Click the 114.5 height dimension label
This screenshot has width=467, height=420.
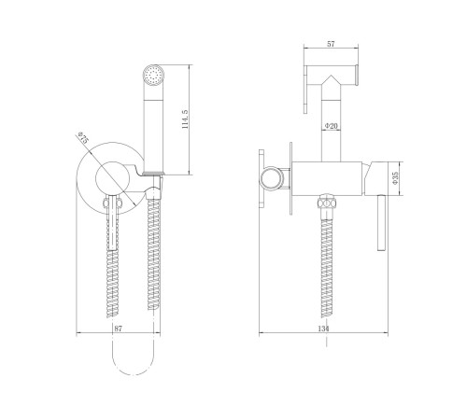[x=185, y=119]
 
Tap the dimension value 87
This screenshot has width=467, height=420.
[x=118, y=329]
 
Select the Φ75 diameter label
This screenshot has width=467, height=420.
[x=83, y=137]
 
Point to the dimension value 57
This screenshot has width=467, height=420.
[x=331, y=44]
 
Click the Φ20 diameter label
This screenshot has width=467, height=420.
[x=331, y=126]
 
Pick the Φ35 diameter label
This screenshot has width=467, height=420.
[x=395, y=178]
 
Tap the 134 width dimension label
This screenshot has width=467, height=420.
[x=324, y=329]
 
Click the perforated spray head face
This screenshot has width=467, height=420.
[x=153, y=75]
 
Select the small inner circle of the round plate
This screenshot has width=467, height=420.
[x=112, y=178]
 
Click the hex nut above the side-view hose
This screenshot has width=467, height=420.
[x=327, y=203]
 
